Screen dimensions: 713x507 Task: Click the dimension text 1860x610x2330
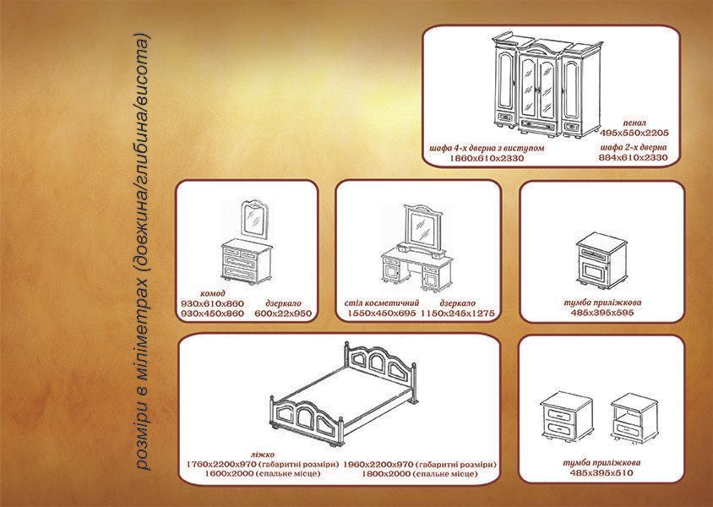click(486, 158)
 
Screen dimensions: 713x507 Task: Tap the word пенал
click(634, 123)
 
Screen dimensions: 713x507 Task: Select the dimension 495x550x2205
click(634, 133)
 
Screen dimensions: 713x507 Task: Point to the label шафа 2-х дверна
click(634, 147)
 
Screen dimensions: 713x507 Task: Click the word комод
click(212, 293)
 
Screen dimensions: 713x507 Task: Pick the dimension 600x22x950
click(283, 313)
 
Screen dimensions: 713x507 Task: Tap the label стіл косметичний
click(382, 303)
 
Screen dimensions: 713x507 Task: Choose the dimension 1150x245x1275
click(457, 313)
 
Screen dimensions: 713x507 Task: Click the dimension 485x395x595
click(602, 313)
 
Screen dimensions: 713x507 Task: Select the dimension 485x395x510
click(601, 473)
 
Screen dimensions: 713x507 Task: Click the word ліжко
click(263, 455)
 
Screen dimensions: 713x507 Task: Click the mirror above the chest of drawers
click(254, 219)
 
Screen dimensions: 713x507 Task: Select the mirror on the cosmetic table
click(423, 226)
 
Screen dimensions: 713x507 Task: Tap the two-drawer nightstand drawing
click(567, 417)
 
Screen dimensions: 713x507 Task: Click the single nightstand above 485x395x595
click(601, 260)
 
